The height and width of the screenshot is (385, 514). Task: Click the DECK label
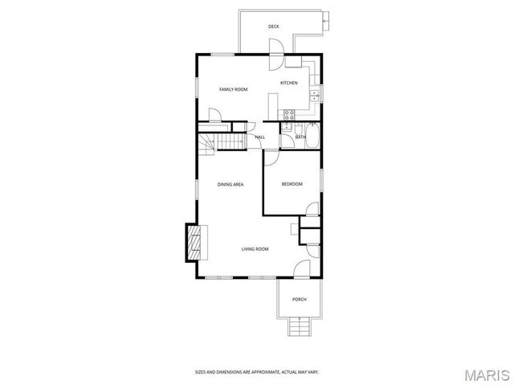[x=274, y=27]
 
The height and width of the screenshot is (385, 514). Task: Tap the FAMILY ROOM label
[x=233, y=89]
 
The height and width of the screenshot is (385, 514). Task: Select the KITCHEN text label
[x=288, y=83]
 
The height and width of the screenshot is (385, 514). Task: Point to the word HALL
[x=260, y=137]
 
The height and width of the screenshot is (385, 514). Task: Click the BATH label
[x=300, y=137]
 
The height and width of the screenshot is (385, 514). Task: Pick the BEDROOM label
[x=292, y=185]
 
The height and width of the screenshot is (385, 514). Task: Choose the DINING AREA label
[x=230, y=185]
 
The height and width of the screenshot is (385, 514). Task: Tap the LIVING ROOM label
[x=255, y=249]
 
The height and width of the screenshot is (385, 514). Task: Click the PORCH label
[x=299, y=300]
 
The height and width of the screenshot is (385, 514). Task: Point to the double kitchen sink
[x=315, y=96]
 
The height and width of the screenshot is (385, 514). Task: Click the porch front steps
[x=299, y=326]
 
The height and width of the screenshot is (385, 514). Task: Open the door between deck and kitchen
[x=275, y=60]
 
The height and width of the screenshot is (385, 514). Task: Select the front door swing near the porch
[x=301, y=270]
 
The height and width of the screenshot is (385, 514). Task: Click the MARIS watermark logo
[x=485, y=375]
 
